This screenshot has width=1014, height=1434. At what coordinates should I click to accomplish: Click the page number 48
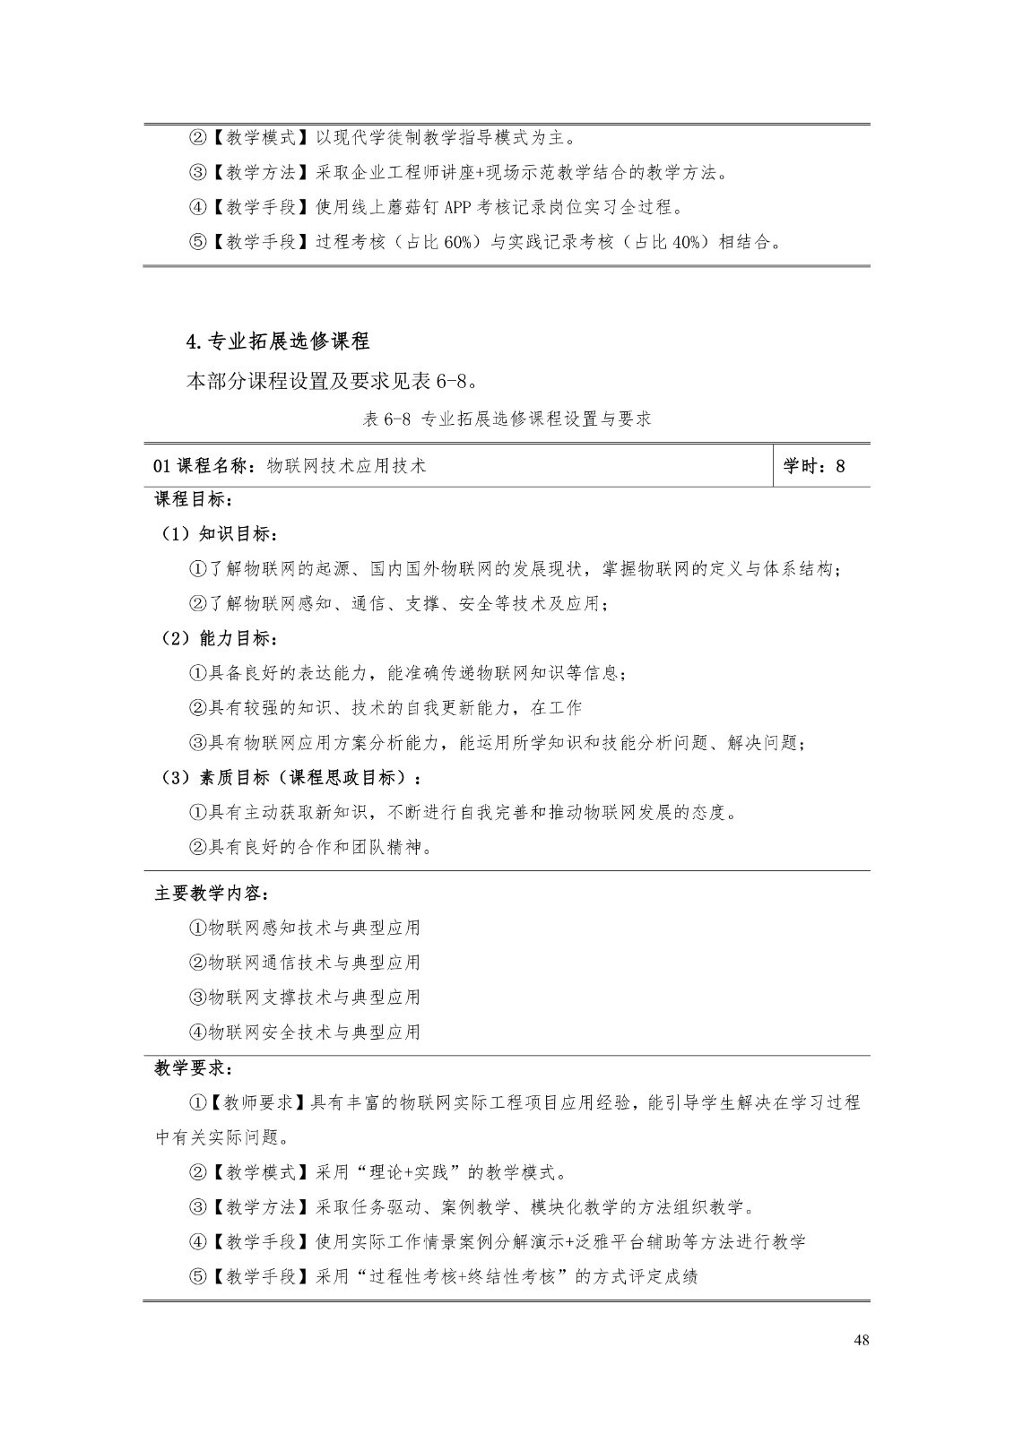[x=862, y=1341]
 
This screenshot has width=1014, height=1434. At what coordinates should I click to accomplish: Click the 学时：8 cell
[x=813, y=466]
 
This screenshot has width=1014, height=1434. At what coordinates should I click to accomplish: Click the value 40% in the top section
[x=686, y=242]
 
